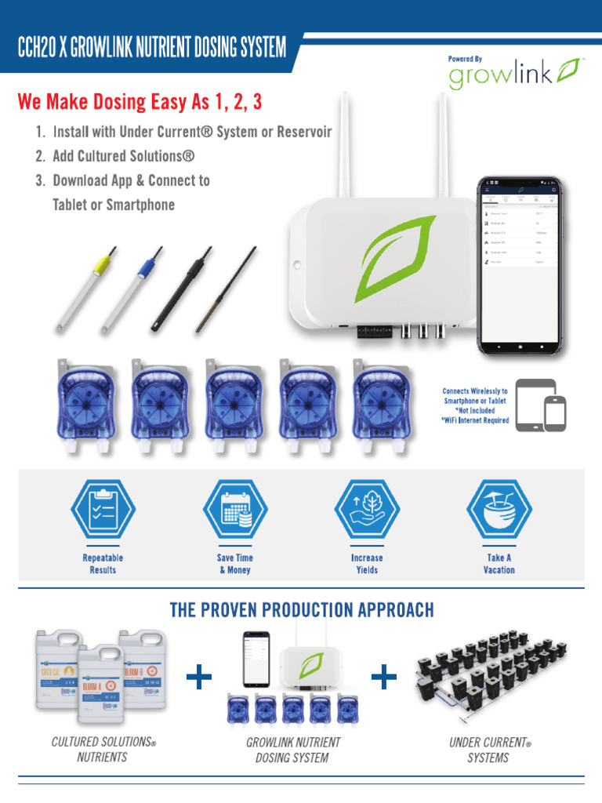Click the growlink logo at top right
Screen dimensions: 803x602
513,74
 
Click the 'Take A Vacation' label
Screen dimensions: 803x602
499,564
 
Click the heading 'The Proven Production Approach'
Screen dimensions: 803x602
302,610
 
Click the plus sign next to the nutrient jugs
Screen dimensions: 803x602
200,677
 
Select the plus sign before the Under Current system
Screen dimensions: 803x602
383,677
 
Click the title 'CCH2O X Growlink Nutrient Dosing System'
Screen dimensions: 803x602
152,49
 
